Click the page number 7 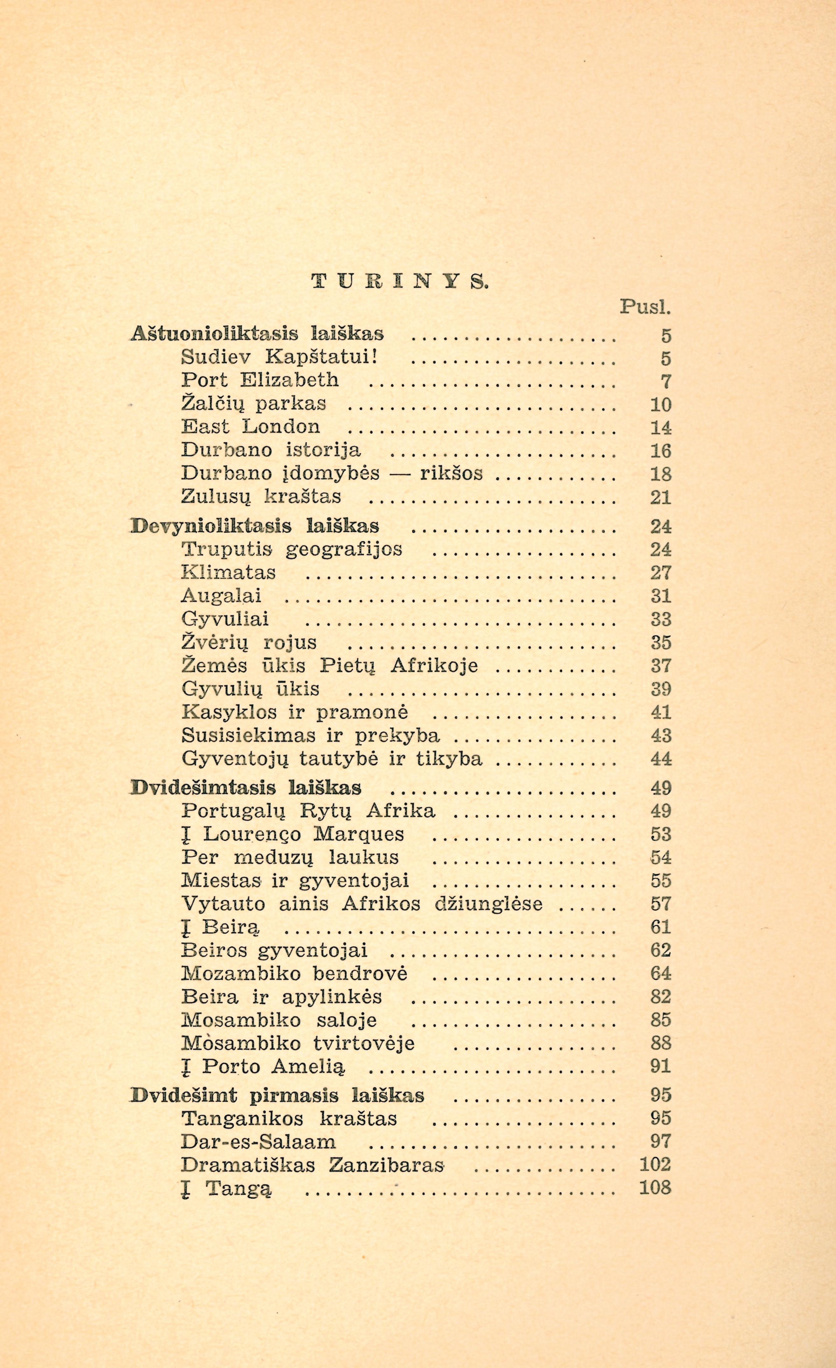tap(666, 382)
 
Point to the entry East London tap(251, 426)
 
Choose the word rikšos tap(451, 473)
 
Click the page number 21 tap(661, 497)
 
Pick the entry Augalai tap(221, 596)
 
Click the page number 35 tap(661, 642)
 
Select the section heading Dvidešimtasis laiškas tap(246, 788)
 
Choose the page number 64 tap(661, 973)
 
